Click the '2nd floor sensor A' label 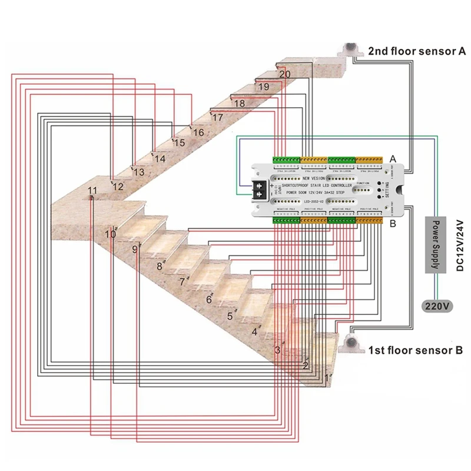tap(417, 51)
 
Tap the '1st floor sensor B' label tap(415, 351)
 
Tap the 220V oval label tap(436, 306)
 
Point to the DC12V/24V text tap(460, 246)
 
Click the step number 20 tap(284, 74)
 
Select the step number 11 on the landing tap(92, 190)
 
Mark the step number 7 tap(182, 282)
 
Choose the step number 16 tap(198, 133)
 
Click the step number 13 tap(138, 173)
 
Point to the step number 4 tap(254, 332)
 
